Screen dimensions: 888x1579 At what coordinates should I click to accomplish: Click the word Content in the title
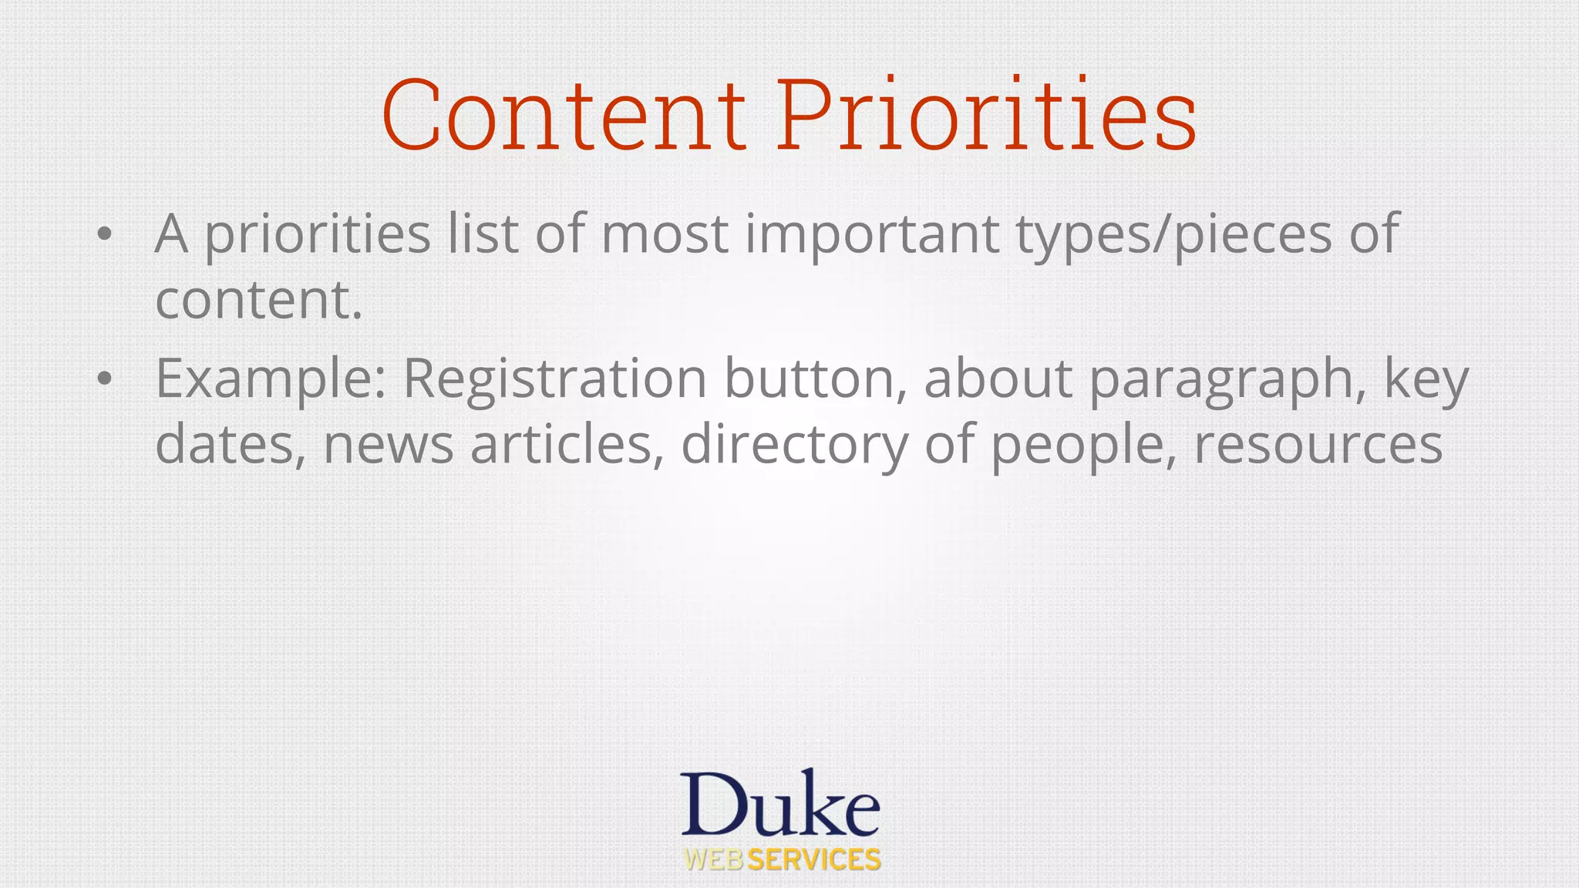564,115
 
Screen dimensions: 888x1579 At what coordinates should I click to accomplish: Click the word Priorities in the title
986,115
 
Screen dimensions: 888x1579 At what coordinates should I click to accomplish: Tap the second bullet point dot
105,378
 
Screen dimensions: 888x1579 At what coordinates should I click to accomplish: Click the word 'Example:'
271,379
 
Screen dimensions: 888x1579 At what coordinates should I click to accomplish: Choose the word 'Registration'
554,379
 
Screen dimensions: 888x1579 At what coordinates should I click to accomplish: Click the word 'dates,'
230,445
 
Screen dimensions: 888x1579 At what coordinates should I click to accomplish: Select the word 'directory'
794,446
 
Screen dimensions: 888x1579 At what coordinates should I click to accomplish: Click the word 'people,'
1083,446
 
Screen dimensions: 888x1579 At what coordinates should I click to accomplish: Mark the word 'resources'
1318,446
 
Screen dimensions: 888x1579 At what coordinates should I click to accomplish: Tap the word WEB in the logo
714,859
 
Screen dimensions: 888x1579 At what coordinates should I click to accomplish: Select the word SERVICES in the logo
814,859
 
